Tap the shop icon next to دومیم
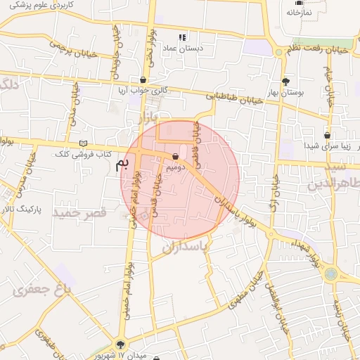click(x=175, y=156)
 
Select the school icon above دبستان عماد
click(x=183, y=37)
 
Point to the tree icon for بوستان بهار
click(x=285, y=81)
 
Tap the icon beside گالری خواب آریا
click(x=143, y=80)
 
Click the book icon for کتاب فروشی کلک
click(x=83, y=143)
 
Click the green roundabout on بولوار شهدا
click(x=331, y=274)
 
